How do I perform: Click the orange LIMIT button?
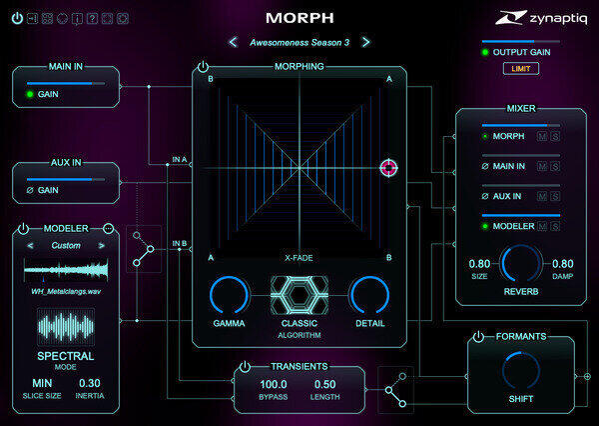coord(521,69)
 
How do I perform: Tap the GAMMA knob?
coord(229,295)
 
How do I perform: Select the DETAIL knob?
coord(369,295)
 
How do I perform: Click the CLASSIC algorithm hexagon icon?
coord(299,295)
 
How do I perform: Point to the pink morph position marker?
coord(389,168)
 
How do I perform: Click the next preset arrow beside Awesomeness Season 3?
coord(365,42)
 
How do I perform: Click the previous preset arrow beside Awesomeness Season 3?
coord(233,42)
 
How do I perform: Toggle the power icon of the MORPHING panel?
coord(203,67)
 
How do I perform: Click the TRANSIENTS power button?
coord(245,367)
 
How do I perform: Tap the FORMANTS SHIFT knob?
coord(521,371)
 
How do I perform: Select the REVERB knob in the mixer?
coord(521,264)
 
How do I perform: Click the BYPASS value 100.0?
coord(274,384)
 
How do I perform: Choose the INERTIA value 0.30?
coord(90,383)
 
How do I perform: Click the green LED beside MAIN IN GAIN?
coord(30,94)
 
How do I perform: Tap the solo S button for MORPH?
coord(555,136)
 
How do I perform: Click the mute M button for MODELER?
coord(542,226)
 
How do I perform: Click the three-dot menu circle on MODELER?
coord(109,229)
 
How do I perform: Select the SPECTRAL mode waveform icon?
coord(66,326)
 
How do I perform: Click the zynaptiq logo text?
coord(558,18)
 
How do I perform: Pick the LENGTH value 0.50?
coord(324,384)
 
